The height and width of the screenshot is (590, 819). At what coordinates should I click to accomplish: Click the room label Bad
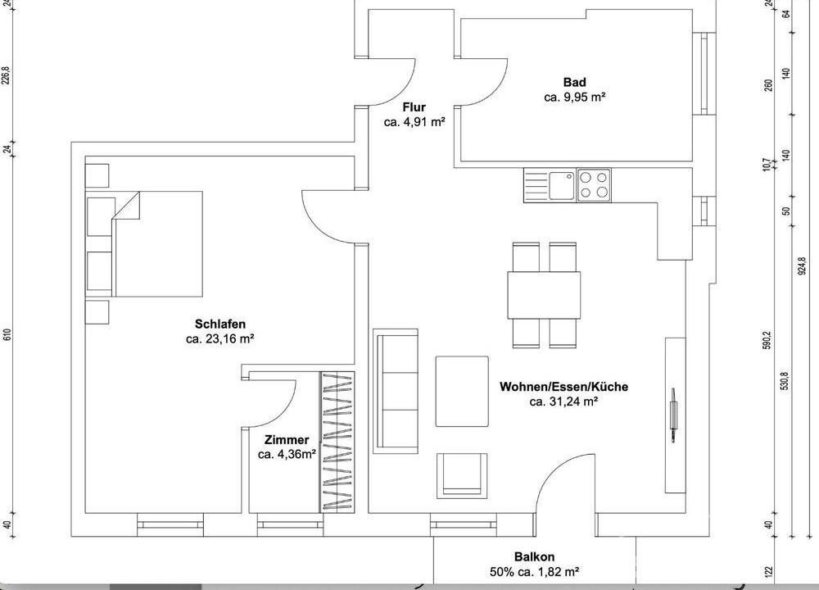point(575,82)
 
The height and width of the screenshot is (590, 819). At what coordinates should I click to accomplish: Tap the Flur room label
point(414,107)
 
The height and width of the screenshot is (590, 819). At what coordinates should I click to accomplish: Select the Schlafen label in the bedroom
point(219,324)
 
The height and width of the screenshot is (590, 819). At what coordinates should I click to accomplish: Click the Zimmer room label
point(286,440)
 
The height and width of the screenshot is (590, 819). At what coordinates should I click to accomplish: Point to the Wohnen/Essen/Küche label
point(563,387)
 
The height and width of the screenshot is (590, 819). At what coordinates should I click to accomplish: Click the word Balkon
point(534,557)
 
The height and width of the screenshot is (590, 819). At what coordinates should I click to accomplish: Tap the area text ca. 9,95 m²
point(575,98)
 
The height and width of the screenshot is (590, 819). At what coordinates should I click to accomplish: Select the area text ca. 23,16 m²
point(219,338)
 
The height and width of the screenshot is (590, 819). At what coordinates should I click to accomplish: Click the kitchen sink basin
point(562,185)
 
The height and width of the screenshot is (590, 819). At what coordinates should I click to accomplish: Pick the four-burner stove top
point(594,185)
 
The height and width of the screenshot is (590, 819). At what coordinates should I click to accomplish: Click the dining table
point(544,295)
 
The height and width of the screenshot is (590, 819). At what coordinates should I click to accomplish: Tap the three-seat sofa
point(396,391)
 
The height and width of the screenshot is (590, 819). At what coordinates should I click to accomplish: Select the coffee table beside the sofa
point(462,392)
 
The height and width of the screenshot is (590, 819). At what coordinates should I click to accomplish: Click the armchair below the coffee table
point(462,474)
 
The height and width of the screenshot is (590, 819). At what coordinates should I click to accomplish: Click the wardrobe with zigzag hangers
point(337,442)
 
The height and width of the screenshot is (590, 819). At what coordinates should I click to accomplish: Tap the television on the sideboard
point(673,415)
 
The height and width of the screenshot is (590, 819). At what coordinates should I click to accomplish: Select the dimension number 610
point(7,335)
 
